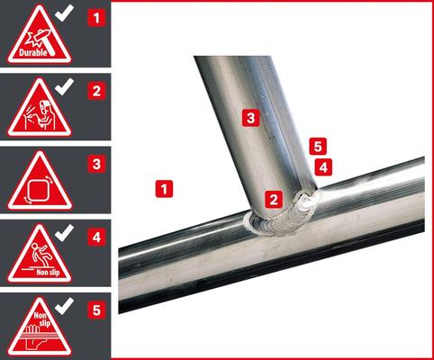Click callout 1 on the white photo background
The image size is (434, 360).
pos(163,189)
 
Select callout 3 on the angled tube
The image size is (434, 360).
pos(251,117)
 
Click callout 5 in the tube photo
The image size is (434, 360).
pos(315,145)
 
